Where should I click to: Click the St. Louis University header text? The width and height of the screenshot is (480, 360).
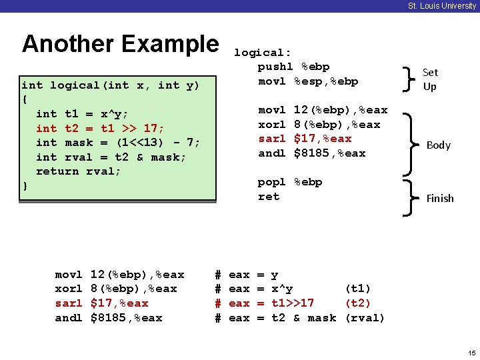click(442, 6)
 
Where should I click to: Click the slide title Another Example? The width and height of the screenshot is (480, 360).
click(120, 44)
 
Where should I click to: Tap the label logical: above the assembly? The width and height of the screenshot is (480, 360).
click(263, 53)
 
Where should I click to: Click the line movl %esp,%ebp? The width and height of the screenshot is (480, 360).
click(308, 81)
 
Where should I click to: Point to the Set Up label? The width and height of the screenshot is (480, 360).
click(430, 79)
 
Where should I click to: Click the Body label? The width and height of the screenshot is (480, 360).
click(439, 145)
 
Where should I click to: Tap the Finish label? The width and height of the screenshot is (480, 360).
click(440, 198)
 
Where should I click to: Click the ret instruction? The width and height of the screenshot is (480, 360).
click(269, 197)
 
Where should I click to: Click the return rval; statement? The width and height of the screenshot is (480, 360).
click(79, 171)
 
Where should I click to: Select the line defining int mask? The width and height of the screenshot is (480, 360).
click(118, 142)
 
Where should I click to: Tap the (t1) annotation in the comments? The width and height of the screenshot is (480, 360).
click(357, 289)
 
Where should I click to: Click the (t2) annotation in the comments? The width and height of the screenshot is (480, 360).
click(357, 303)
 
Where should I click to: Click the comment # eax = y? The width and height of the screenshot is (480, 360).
click(247, 275)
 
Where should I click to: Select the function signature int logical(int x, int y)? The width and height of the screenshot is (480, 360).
click(110, 85)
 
